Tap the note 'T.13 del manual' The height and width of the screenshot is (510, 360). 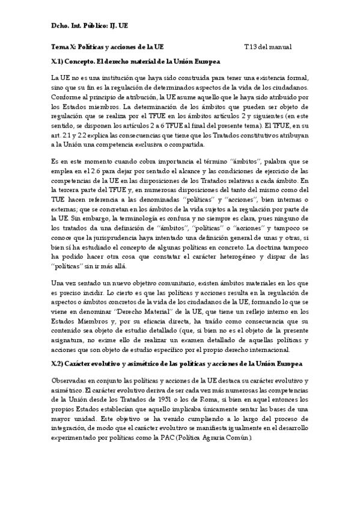coord(267,46)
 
